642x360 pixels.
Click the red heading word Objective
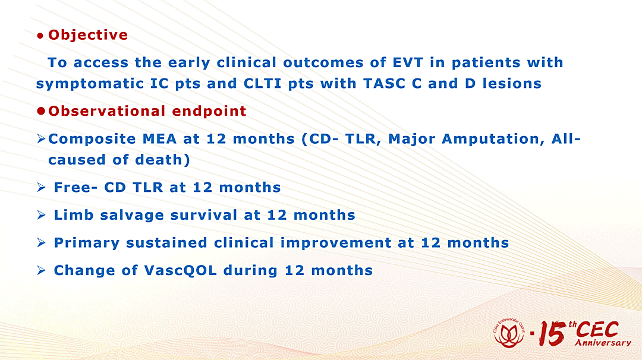coord(88,35)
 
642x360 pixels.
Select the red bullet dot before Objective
coord(40,36)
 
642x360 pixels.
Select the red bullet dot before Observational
coord(40,111)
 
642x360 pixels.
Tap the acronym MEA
coord(159,139)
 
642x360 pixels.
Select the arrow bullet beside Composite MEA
coord(41,139)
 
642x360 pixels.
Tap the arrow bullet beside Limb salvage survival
coord(41,215)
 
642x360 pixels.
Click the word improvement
coord(336,243)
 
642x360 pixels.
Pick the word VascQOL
coord(181,270)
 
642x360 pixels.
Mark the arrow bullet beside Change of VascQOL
coord(41,270)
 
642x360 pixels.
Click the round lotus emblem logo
coord(509,333)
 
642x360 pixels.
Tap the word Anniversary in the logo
coord(603,342)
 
